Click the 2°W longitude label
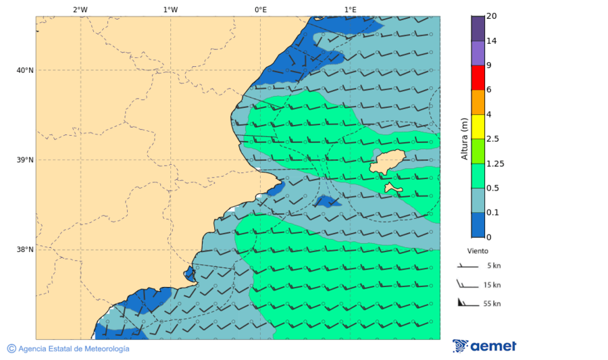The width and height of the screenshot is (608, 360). pos(80,9)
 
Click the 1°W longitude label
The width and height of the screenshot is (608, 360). pos(170,9)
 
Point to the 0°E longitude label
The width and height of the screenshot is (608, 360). pos(260,9)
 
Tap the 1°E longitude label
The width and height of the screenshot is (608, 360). pos(350,9)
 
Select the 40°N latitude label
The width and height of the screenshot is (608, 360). pos(24,70)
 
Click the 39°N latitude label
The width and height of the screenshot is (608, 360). pos(24,160)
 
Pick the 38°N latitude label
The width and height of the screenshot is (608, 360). pos(24,250)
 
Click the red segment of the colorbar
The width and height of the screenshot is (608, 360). pos(478,78)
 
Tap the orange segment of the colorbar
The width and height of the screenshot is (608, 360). pos(478,102)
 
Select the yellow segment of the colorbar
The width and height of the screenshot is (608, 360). pos(478,126)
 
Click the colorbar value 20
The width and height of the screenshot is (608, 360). pos(492,16)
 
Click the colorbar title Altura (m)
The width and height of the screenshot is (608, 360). pos(464,138)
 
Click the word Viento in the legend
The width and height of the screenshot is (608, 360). pos(478,250)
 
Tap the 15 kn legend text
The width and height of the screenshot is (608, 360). pos(492,285)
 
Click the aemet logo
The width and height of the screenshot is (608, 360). pos(484,346)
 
